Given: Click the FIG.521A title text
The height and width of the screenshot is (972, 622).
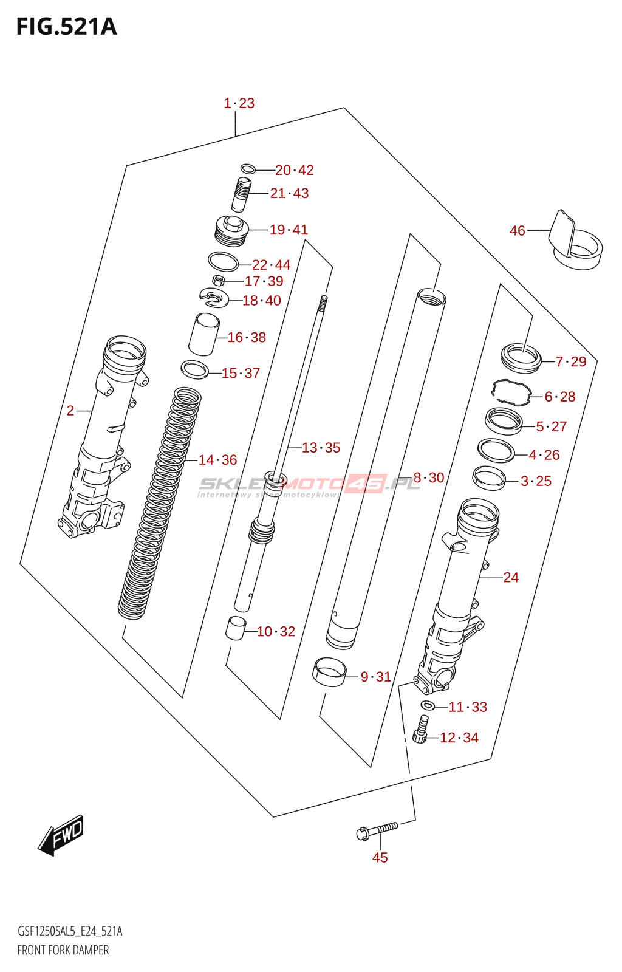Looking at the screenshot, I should click(66, 27).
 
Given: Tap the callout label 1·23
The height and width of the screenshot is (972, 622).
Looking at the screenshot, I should click(239, 103).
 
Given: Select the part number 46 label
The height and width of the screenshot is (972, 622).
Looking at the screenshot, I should click(517, 231).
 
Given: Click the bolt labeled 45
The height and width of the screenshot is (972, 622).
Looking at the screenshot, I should click(377, 829).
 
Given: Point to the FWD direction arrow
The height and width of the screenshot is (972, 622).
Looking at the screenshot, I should click(61, 835).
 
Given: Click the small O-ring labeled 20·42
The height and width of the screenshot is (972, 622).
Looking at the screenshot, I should click(247, 168).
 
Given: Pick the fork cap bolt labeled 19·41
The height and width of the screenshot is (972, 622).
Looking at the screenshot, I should click(232, 231).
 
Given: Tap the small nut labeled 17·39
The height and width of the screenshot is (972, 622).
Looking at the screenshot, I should click(219, 280).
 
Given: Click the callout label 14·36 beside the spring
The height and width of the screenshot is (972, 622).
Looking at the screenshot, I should click(217, 460).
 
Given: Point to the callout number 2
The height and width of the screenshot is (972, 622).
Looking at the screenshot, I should click(70, 411).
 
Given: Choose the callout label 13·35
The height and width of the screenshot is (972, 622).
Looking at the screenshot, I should click(321, 448).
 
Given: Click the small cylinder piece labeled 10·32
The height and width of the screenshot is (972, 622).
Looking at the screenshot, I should click(235, 628).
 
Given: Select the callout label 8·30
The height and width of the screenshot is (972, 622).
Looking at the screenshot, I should click(428, 477).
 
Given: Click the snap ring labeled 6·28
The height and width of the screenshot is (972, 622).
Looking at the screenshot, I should click(511, 391).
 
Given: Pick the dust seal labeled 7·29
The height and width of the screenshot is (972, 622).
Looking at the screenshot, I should click(521, 358).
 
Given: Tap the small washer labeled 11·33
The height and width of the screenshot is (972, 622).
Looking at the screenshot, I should click(428, 705).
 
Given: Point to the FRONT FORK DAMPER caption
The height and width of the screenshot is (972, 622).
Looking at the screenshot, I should click(63, 950).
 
